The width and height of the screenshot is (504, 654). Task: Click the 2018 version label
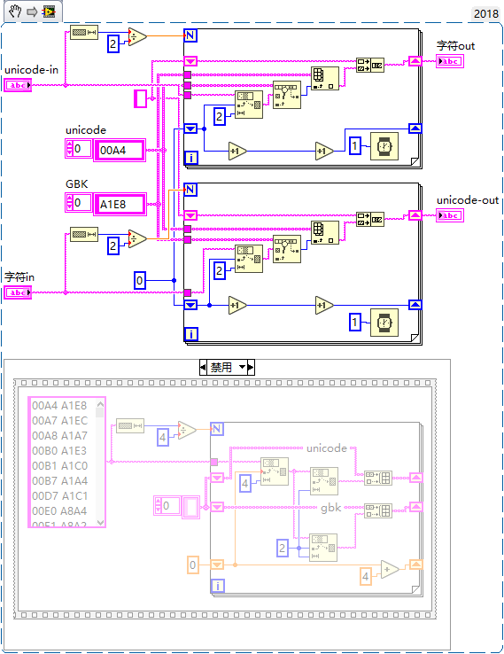(x=485, y=12)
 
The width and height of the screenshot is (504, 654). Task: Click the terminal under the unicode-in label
(x=18, y=85)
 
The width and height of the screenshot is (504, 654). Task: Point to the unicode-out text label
(x=468, y=200)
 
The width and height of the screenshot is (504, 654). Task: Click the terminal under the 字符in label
(x=18, y=292)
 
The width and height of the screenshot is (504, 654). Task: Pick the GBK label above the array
(x=77, y=183)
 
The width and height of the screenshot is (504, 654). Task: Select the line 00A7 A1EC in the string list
(x=61, y=421)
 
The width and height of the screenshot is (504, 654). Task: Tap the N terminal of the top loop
(x=190, y=35)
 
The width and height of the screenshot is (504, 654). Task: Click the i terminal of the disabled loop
(x=217, y=585)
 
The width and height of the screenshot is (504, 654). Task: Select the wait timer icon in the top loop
(x=384, y=146)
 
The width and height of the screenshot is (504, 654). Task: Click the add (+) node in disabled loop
(x=390, y=569)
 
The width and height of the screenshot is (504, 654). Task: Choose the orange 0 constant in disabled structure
(x=194, y=564)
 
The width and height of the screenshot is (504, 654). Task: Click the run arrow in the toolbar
(x=31, y=12)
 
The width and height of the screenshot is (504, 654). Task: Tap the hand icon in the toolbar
(x=12, y=12)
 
